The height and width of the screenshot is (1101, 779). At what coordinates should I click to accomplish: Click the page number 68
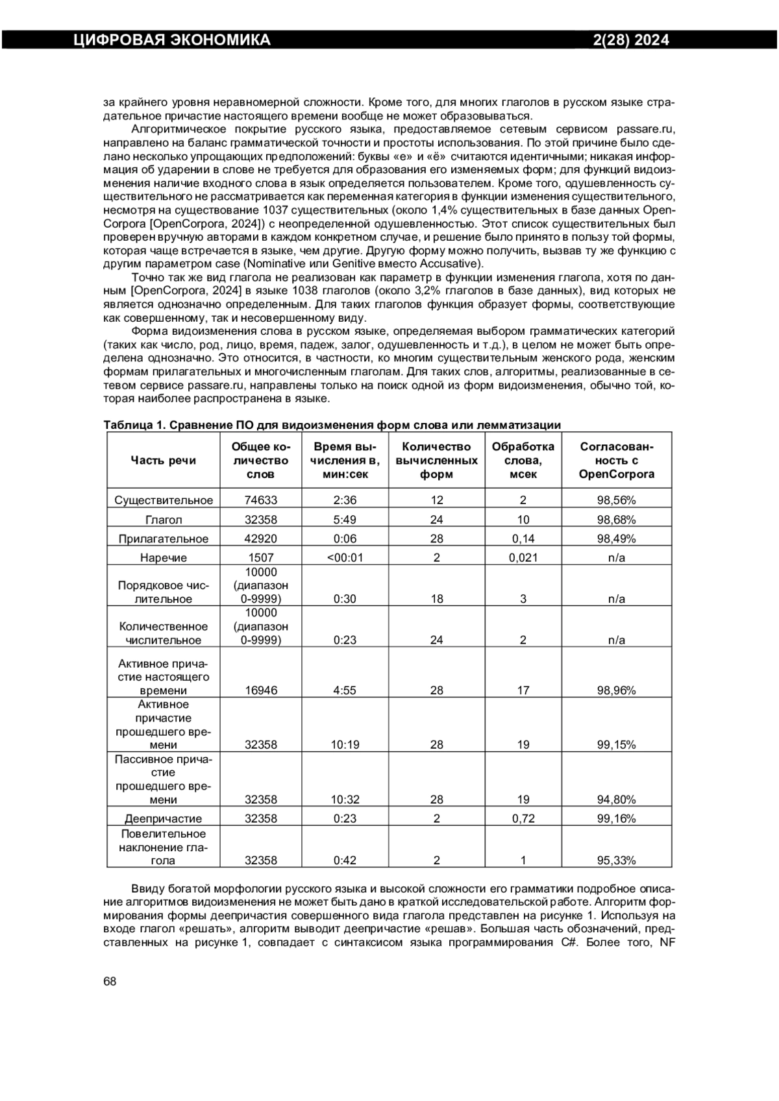pyautogui.click(x=110, y=981)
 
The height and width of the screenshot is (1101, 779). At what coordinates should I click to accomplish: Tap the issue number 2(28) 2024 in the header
pyautogui.click(x=631, y=40)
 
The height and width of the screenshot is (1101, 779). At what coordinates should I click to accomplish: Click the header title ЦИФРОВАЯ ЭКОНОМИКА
pyautogui.click(x=172, y=40)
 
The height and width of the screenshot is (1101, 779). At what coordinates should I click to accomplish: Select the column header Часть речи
pyautogui.click(x=163, y=460)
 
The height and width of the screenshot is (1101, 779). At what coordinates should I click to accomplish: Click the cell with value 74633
pyautogui.click(x=261, y=500)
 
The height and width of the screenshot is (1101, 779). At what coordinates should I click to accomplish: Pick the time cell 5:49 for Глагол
pyautogui.click(x=345, y=520)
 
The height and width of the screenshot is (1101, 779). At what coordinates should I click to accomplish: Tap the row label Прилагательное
pyautogui.click(x=163, y=538)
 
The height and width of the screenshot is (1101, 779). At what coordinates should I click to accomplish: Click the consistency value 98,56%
pyautogui.click(x=616, y=500)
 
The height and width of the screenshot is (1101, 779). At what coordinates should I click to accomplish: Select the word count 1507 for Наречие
pyautogui.click(x=261, y=557)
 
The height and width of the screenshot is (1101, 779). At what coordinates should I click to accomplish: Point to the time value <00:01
pyautogui.click(x=345, y=557)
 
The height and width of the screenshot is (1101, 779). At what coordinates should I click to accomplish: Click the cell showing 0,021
pyautogui.click(x=523, y=557)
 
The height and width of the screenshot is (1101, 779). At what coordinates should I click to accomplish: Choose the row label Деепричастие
pyautogui.click(x=163, y=819)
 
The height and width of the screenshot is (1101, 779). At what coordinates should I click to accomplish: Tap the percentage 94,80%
pyautogui.click(x=616, y=800)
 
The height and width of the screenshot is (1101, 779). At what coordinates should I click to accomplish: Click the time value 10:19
pyautogui.click(x=345, y=745)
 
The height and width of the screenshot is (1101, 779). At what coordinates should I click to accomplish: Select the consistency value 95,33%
pyautogui.click(x=616, y=861)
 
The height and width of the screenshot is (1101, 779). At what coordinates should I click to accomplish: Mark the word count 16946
pyautogui.click(x=261, y=690)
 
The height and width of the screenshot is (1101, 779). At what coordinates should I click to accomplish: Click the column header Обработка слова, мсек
pyautogui.click(x=523, y=460)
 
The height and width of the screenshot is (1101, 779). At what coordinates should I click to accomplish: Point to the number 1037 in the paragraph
pyautogui.click(x=278, y=210)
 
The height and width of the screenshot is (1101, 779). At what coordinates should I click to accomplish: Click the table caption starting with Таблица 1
pyautogui.click(x=332, y=425)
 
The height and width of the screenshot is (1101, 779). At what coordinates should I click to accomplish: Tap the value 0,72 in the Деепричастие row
pyautogui.click(x=523, y=819)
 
